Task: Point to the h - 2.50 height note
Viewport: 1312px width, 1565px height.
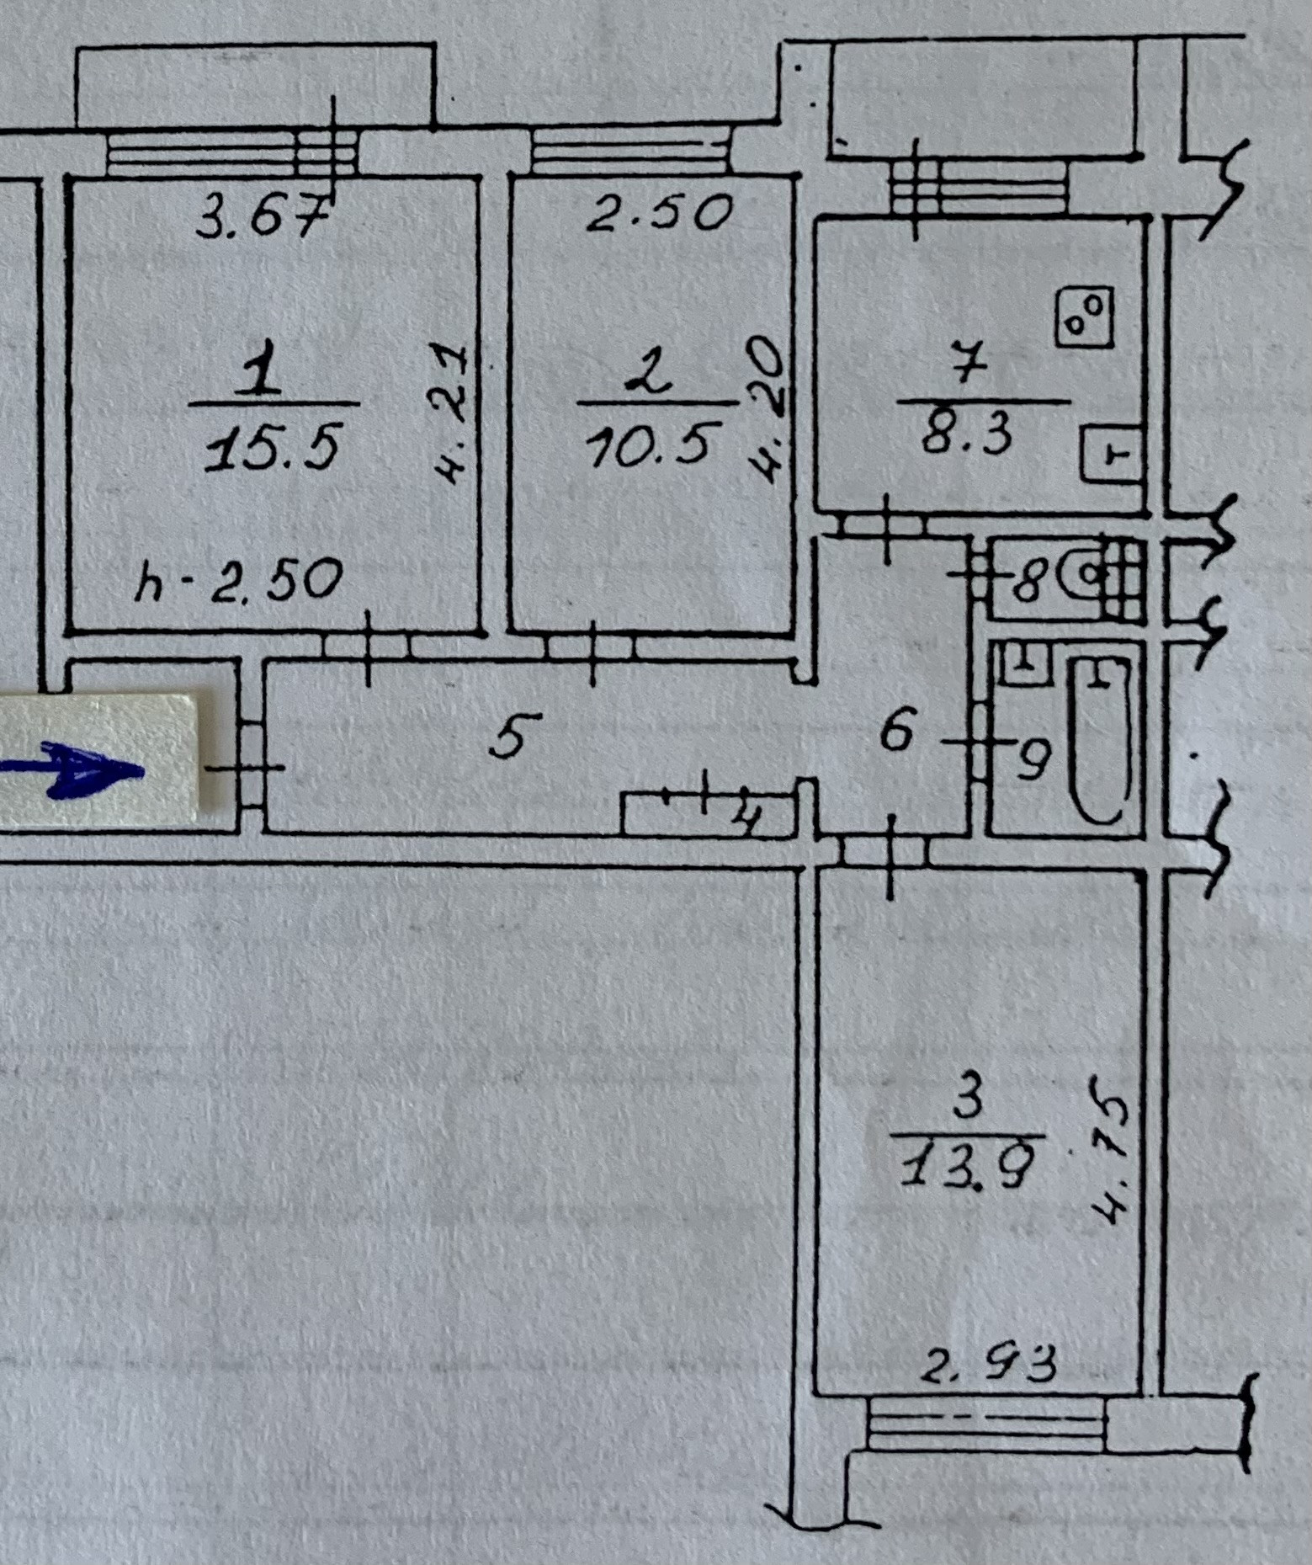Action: (239, 580)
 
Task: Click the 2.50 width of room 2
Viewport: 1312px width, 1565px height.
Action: (659, 213)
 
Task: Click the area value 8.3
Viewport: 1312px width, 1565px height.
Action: (968, 434)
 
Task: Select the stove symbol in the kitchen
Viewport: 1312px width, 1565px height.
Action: (1085, 317)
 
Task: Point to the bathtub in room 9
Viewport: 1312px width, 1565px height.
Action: (1099, 739)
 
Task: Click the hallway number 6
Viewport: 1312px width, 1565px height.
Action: (896, 729)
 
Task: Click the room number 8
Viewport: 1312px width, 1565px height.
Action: (1028, 580)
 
